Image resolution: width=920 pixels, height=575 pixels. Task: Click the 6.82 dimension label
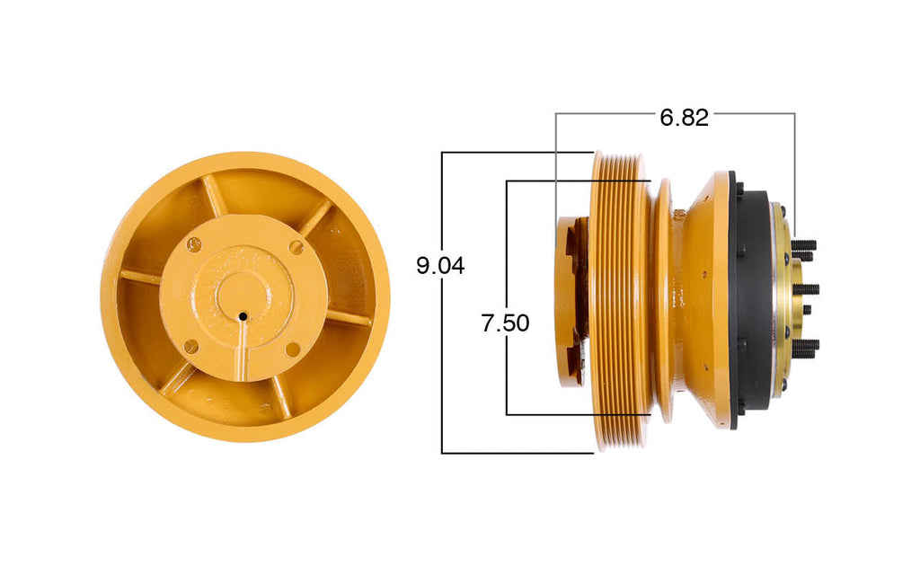(684, 117)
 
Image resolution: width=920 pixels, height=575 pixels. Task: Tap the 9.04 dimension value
(440, 266)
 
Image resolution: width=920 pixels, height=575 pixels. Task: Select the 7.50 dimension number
(505, 323)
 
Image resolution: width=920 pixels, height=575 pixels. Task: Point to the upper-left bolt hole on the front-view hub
(194, 242)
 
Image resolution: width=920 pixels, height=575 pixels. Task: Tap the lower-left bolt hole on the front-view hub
(190, 346)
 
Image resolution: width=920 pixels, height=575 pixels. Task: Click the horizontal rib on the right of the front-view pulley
(350, 317)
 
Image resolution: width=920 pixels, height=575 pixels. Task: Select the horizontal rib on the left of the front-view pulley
(139, 278)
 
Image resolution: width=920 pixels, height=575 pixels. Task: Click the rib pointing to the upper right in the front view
(314, 218)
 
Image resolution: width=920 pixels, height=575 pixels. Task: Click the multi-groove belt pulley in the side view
(620, 301)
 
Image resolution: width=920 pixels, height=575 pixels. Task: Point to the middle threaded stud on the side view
(807, 288)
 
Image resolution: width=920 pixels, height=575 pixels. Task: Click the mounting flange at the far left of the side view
(566, 301)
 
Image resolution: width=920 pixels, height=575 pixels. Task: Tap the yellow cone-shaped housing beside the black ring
(705, 296)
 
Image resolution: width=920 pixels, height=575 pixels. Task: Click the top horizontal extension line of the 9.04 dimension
(517, 152)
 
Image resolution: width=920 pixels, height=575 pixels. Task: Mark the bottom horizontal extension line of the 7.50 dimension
(575, 414)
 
